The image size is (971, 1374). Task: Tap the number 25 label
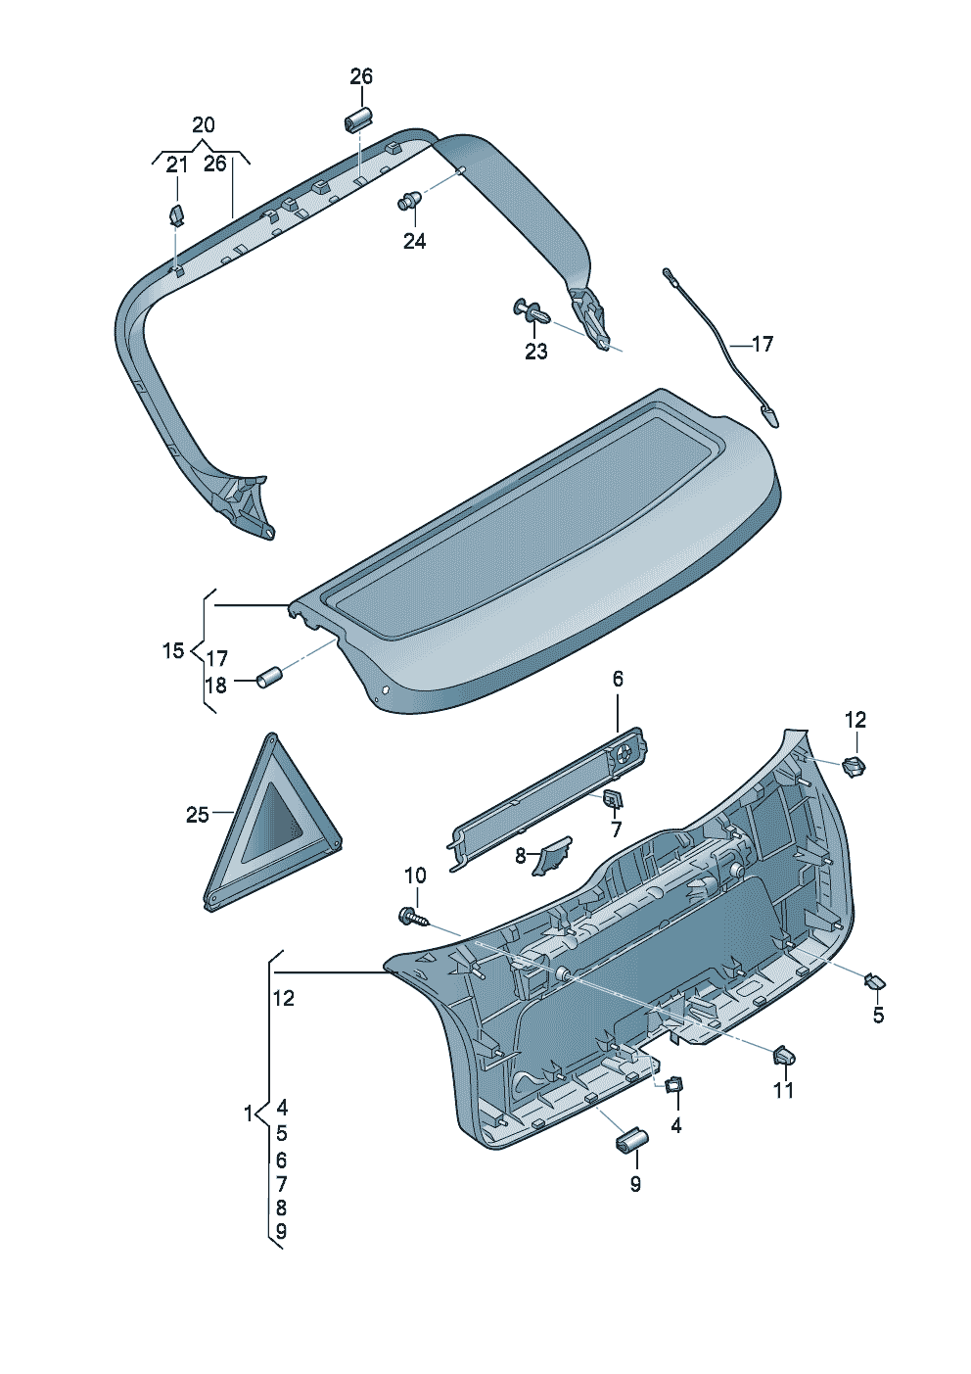pyautogui.click(x=197, y=815)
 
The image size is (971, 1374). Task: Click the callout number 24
pyautogui.click(x=414, y=241)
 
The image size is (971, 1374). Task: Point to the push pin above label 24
pyautogui.click(x=410, y=200)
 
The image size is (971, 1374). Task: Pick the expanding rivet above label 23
pyautogui.click(x=532, y=311)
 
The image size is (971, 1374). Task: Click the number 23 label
pyautogui.click(x=535, y=352)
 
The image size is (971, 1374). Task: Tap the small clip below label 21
pyautogui.click(x=176, y=215)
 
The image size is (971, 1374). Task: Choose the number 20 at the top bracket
pyautogui.click(x=204, y=125)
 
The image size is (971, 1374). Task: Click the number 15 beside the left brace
pyautogui.click(x=173, y=650)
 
